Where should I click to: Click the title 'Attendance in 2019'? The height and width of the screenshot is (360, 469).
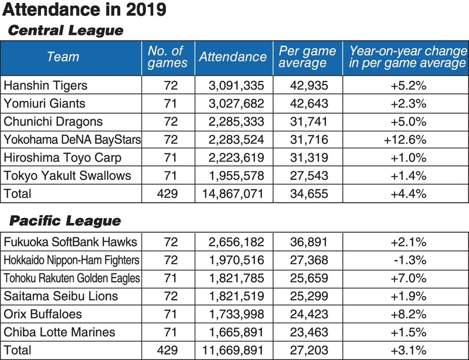coord(84,10)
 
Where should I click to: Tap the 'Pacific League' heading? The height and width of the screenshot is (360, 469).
coord(64,221)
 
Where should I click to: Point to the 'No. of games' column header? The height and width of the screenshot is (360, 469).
coord(168,57)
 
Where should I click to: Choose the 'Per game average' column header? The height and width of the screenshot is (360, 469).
coord(307,57)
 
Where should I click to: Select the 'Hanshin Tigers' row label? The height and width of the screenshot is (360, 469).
coord(45,86)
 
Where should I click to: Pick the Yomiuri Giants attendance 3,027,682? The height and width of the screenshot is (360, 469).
coord(236,104)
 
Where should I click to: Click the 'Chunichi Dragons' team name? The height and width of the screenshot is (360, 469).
coord(53,122)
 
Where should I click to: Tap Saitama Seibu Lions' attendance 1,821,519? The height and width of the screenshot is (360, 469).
coord(236,296)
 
